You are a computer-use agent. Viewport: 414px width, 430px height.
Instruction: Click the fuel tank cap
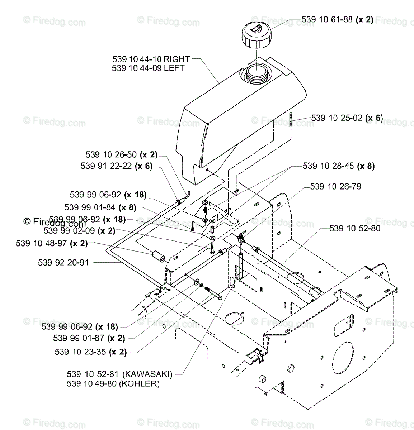coord(256,34)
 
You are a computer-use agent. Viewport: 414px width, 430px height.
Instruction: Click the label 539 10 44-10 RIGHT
coord(151,59)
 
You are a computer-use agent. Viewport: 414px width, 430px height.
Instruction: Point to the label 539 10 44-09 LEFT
coord(148,68)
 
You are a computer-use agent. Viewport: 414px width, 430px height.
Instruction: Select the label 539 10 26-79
coord(335,186)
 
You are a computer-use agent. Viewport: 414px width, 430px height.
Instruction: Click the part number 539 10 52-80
coord(355,228)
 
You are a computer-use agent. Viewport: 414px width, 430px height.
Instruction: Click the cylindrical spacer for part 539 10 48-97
coord(157,257)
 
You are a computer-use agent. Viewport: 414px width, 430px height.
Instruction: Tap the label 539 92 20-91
coord(63,263)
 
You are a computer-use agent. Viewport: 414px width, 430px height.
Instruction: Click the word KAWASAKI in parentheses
coord(147,374)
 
